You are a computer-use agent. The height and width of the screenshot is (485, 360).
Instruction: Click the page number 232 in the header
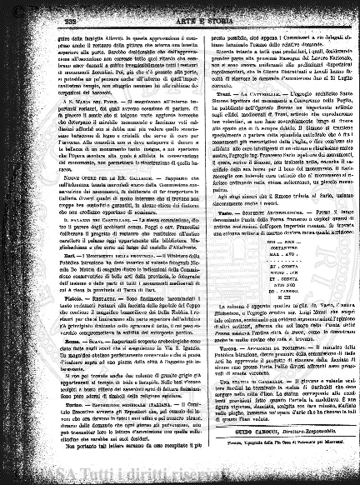point(41,11)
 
